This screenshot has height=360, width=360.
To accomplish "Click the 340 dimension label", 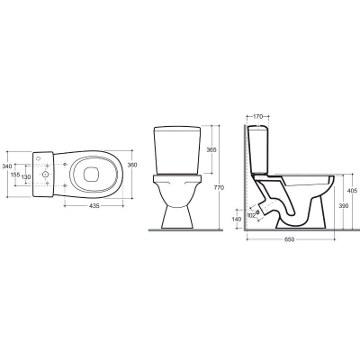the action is click(6, 166).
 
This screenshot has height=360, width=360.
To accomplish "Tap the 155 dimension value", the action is click(15, 175).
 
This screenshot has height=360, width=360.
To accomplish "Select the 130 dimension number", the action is click(26, 177).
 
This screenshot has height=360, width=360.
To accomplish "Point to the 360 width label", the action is click(132, 165).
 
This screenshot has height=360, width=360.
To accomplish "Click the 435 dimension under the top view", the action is click(94, 206).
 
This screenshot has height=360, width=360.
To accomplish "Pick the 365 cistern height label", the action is click(211, 149).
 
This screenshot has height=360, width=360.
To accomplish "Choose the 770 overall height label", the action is click(220, 188).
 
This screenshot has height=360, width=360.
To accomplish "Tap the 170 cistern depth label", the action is click(257, 116).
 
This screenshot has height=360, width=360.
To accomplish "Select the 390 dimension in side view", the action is click(344, 205).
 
